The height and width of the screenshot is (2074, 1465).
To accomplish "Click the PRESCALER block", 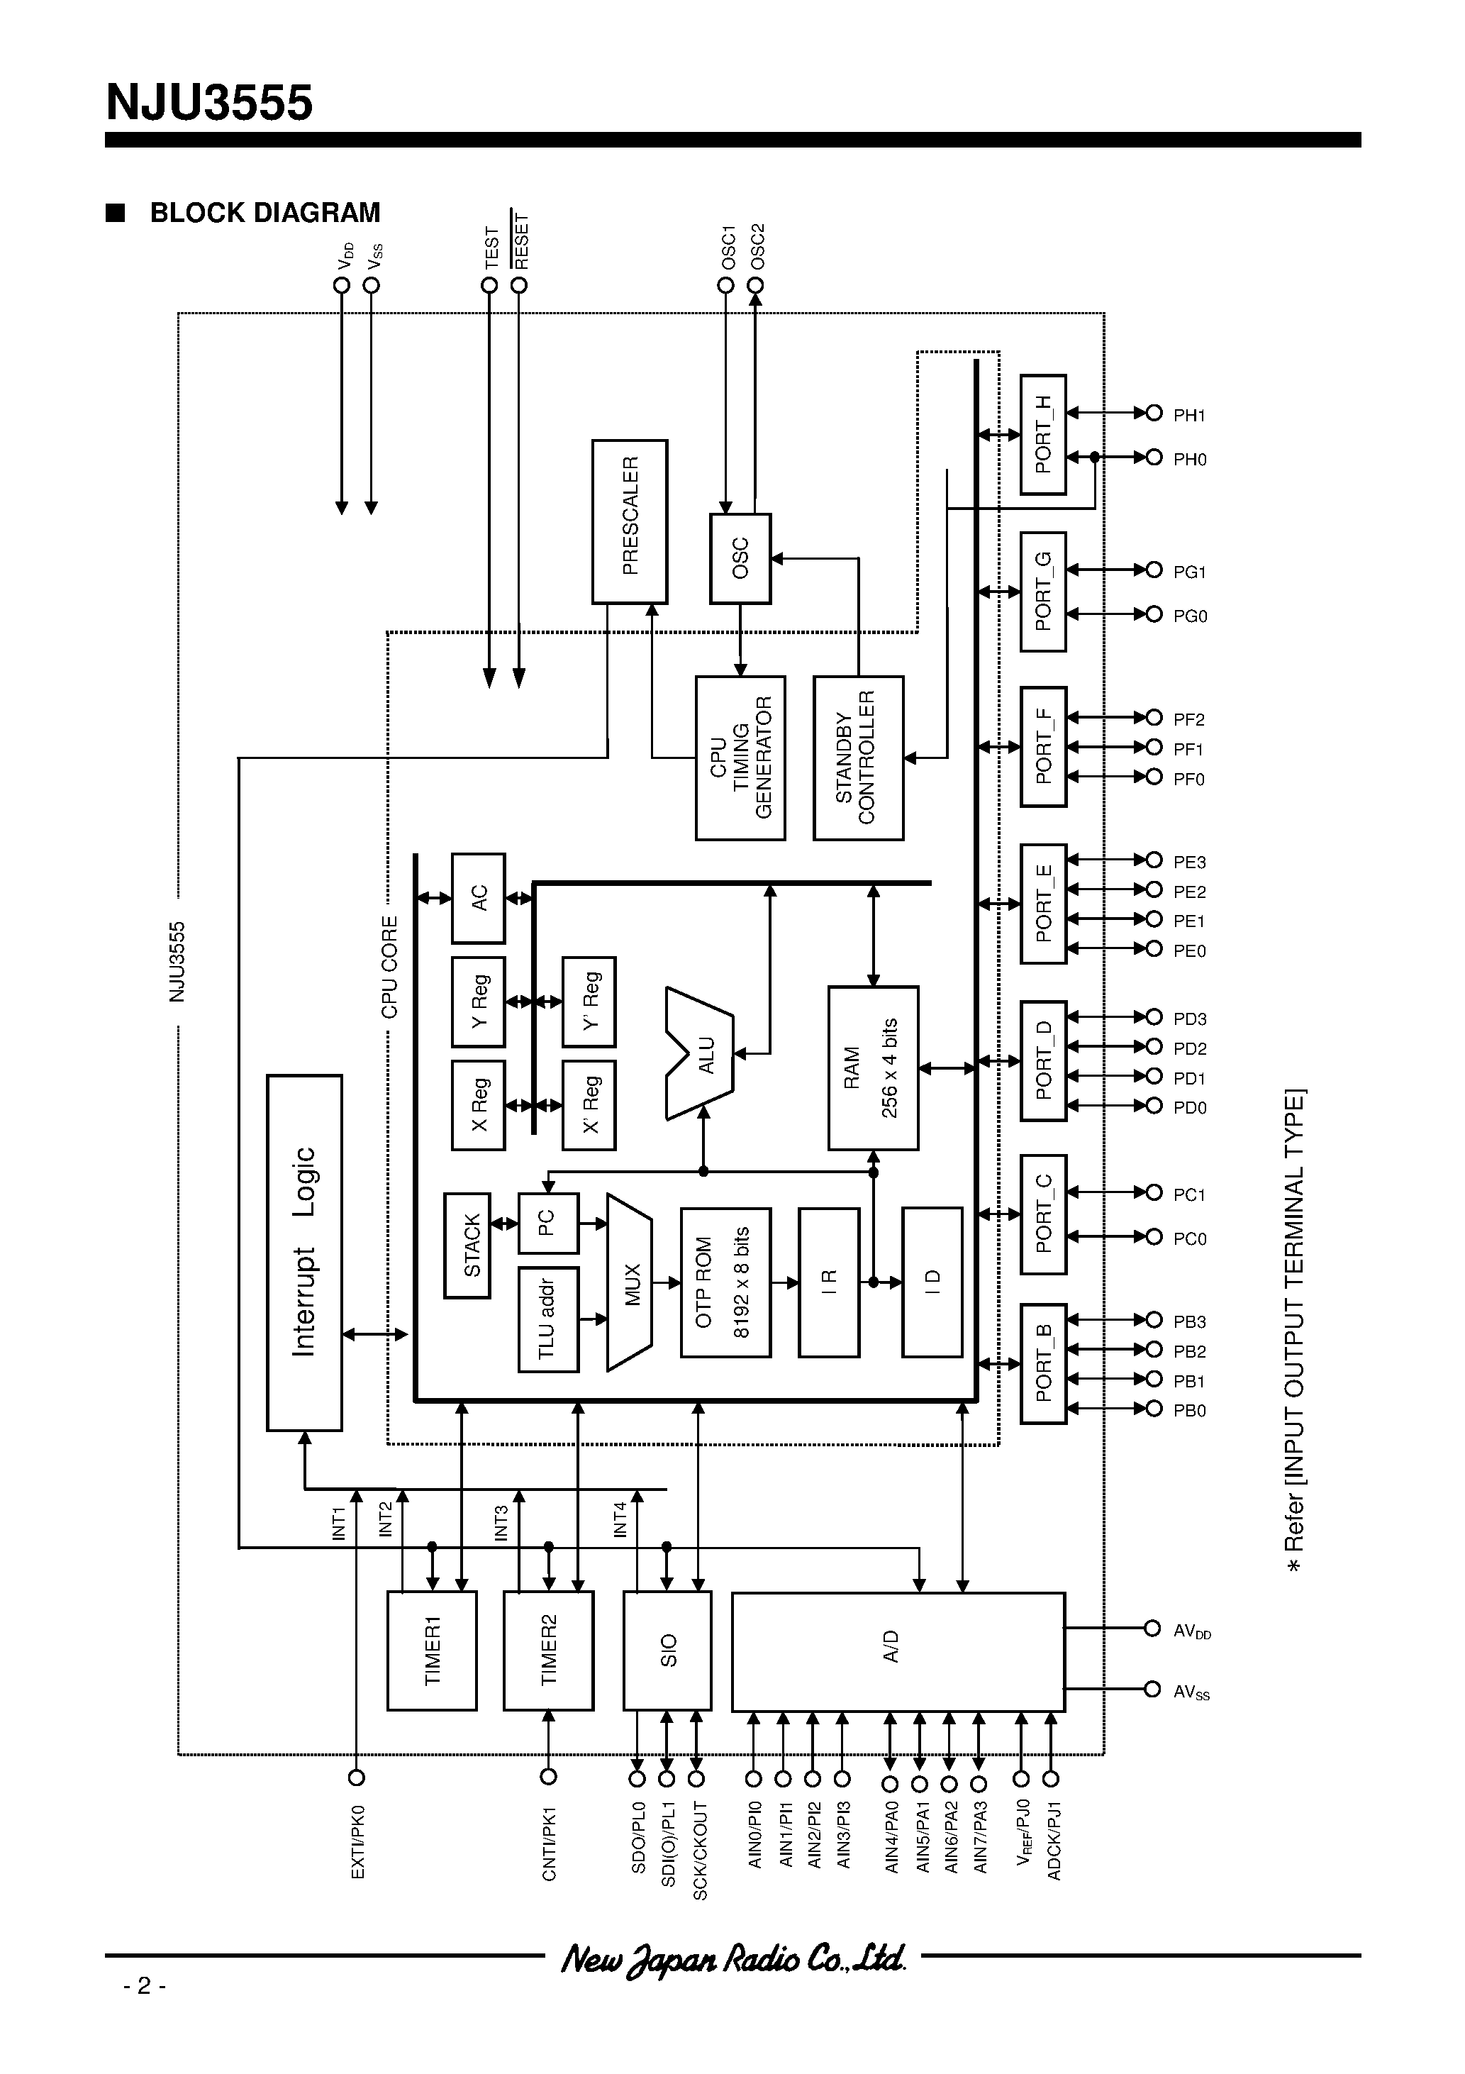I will [630, 521].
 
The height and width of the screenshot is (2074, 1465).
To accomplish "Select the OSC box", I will [740, 558].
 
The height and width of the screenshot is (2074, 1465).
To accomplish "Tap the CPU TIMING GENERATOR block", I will [740, 758].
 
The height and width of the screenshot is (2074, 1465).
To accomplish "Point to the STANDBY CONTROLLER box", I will [857, 758].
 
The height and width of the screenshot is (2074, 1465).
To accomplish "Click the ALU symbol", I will [701, 1053].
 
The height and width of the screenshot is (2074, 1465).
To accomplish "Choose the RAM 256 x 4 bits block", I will [872, 1067].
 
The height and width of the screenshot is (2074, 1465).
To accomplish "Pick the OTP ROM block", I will [725, 1282].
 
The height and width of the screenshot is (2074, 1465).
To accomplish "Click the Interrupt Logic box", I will [304, 1252].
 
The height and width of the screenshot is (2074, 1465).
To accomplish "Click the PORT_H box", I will [1042, 435].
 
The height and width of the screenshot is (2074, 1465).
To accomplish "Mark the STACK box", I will [467, 1246].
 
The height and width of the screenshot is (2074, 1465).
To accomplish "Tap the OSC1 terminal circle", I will [725, 285].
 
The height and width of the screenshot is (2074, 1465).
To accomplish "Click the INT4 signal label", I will [620, 1519].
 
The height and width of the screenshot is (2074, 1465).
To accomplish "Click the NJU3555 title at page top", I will [210, 103].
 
